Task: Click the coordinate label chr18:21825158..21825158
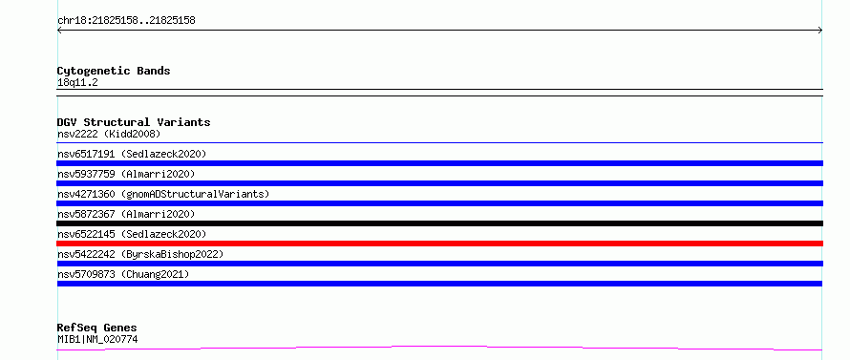pyautogui.click(x=126, y=21)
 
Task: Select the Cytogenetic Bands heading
pyautogui.click(x=114, y=71)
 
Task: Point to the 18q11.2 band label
pyautogui.click(x=77, y=83)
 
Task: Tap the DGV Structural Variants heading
pyautogui.click(x=134, y=122)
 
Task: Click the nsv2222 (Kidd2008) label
pyautogui.click(x=109, y=134)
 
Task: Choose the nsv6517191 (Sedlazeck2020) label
pyautogui.click(x=132, y=154)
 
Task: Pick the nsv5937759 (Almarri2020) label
pyautogui.click(x=126, y=174)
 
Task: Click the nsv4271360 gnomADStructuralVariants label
pyautogui.click(x=163, y=194)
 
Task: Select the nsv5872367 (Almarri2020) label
pyautogui.click(x=126, y=214)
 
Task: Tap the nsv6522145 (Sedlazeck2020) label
pyautogui.click(x=132, y=234)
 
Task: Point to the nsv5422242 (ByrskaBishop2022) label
pyautogui.click(x=140, y=254)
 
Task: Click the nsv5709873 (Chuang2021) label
pyautogui.click(x=123, y=274)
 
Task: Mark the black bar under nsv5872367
pyautogui.click(x=439, y=223)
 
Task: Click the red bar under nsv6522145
pyautogui.click(x=439, y=244)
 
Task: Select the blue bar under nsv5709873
pyautogui.click(x=439, y=284)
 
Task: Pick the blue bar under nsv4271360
pyautogui.click(x=439, y=203)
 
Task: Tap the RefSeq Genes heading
pyautogui.click(x=97, y=328)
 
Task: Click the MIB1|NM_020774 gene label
pyautogui.click(x=97, y=339)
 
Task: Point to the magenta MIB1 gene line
pyautogui.click(x=439, y=347)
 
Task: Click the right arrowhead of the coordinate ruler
pyautogui.click(x=821, y=31)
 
